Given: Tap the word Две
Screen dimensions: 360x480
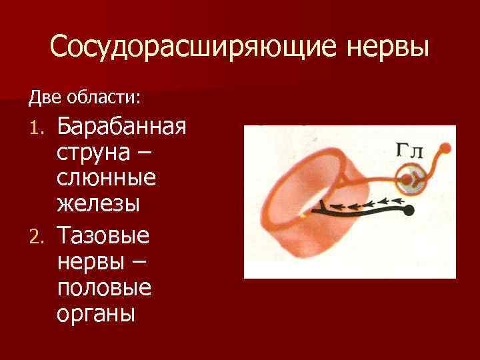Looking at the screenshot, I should click(x=45, y=98).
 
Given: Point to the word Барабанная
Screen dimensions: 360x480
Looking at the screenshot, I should click(x=121, y=126).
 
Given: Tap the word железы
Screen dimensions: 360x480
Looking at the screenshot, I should click(x=97, y=204).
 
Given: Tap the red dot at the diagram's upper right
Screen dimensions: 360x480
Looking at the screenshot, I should click(x=447, y=147).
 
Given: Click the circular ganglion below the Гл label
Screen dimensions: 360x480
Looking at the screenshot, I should click(x=411, y=179).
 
